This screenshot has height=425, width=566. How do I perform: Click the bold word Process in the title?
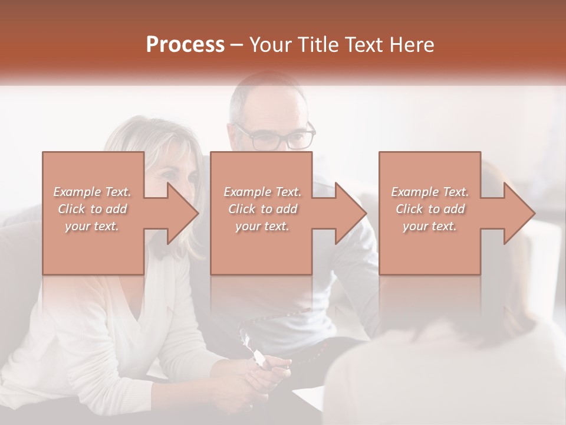click(185, 45)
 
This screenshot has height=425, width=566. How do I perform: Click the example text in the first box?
click(92, 208)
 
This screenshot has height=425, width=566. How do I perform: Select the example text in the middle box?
click(262, 208)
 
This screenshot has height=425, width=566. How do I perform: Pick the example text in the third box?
click(430, 208)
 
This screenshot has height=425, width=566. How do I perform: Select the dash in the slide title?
click(237, 45)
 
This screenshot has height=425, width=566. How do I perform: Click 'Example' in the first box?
click(77, 191)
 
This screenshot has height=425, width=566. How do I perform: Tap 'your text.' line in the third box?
click(430, 226)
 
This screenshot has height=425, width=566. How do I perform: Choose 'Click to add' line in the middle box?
click(262, 208)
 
